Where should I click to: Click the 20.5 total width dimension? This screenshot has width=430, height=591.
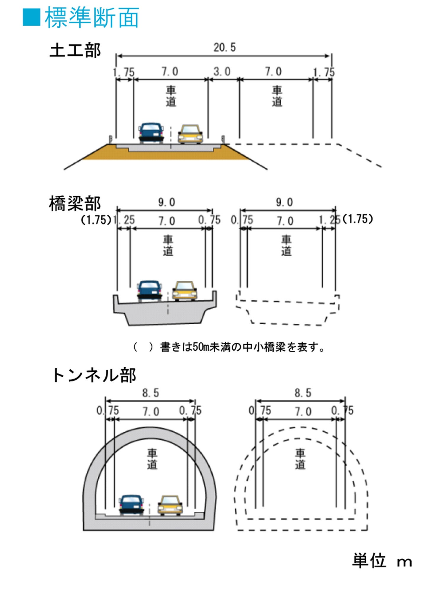click(x=225, y=47)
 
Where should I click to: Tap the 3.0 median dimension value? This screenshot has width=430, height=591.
click(x=222, y=72)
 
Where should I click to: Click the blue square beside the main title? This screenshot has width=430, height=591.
click(x=31, y=17)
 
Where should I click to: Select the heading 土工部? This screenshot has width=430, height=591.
click(x=75, y=50)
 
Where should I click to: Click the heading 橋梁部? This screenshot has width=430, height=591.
click(x=75, y=204)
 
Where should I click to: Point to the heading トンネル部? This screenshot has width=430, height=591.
click(x=94, y=375)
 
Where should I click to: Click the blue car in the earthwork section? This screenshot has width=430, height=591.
click(x=151, y=133)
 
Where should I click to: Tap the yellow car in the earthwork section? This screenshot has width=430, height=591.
click(x=190, y=134)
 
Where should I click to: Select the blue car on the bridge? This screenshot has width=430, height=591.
click(x=150, y=291)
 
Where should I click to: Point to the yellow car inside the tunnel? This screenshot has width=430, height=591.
click(x=170, y=505)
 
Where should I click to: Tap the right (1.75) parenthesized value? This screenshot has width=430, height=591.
click(x=357, y=219)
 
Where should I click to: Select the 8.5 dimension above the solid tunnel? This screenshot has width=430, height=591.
click(x=151, y=393)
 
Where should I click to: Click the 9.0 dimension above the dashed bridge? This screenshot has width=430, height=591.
click(x=285, y=202)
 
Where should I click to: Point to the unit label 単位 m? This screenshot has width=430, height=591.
click(x=382, y=561)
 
